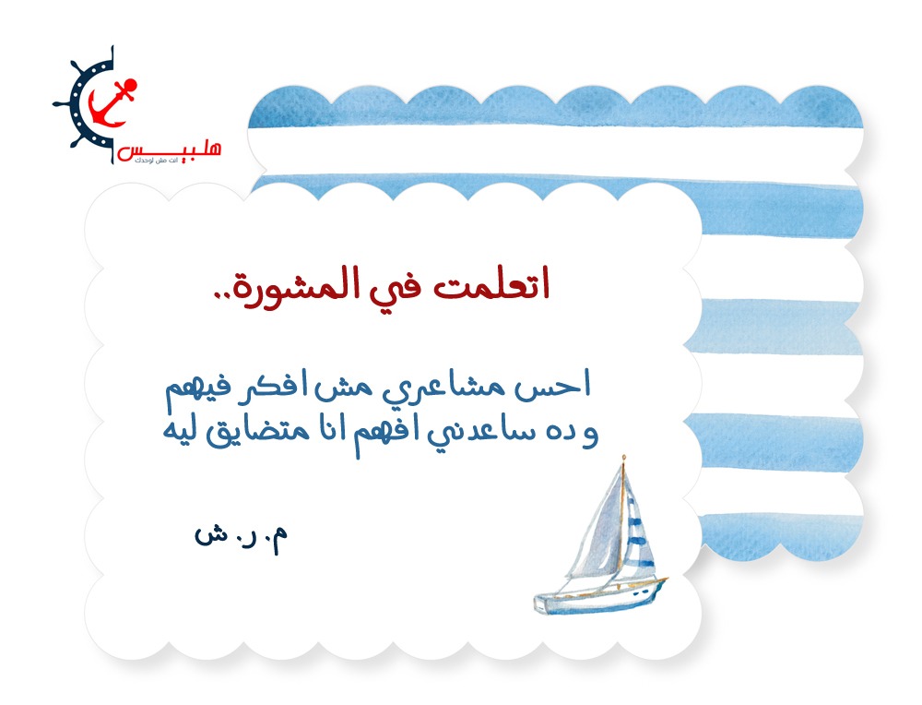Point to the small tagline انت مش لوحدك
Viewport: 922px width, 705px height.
(x=156, y=161)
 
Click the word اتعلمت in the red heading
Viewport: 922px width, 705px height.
(x=491, y=285)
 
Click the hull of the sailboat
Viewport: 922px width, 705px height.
(x=600, y=596)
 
